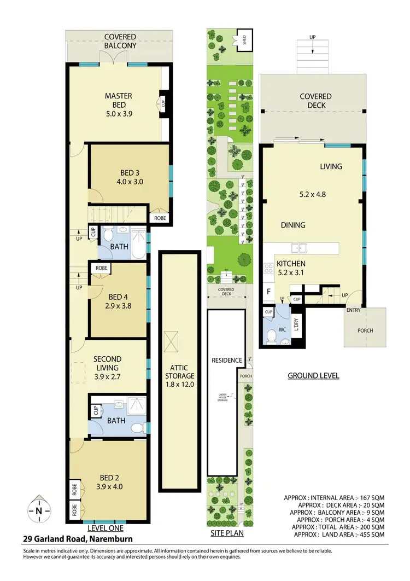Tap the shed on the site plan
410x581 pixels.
pos(241,39)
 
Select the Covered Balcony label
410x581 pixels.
pos(121,41)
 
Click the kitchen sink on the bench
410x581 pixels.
pos(298,248)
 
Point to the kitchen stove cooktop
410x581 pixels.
pos(268,269)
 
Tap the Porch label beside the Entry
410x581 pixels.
pos(365,330)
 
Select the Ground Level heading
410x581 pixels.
pos(313,376)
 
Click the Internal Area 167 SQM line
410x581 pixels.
pos(334,497)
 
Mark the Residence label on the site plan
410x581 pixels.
pos(227,361)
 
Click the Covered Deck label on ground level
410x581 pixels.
pos(315,101)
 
